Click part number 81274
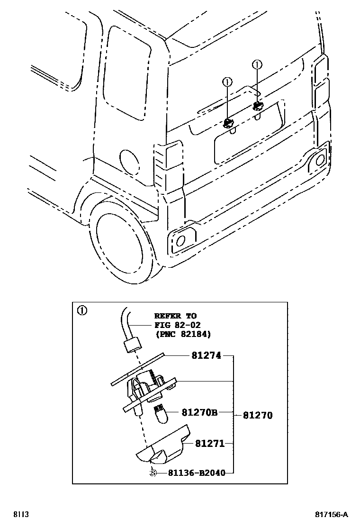[207, 355]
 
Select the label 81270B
[199, 413]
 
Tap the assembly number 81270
[258, 416]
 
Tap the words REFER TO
[175, 316]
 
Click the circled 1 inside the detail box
[82, 311]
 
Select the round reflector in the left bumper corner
[180, 241]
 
